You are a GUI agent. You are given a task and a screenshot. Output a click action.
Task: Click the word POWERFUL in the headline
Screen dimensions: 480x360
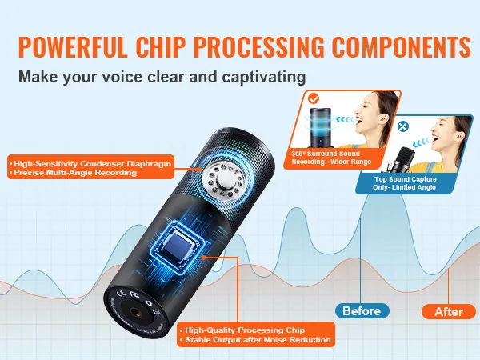coord(73,47)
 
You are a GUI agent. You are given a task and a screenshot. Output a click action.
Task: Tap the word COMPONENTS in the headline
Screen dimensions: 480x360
coord(402,47)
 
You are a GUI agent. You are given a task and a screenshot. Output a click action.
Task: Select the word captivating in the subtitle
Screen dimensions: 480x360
coord(264,77)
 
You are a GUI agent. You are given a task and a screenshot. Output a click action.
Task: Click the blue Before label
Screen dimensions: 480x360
coord(362,311)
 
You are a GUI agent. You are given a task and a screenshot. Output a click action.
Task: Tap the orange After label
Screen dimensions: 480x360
coord(449,312)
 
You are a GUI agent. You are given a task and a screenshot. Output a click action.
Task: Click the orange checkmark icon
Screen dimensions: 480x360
coord(314,98)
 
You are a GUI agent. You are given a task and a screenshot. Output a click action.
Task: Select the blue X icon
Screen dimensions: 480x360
coord(403,126)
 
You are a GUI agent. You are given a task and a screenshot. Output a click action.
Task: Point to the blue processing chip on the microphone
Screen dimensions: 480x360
coord(179,246)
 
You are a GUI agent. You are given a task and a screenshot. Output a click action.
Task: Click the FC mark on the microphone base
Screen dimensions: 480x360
coord(134,294)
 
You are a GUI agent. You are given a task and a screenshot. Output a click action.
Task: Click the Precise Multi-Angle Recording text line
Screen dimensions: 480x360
coord(73,173)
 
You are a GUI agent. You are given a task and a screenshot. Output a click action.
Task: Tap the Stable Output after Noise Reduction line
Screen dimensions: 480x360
coord(255,340)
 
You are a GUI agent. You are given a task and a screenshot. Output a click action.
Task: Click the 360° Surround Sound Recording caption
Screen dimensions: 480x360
coord(331,158)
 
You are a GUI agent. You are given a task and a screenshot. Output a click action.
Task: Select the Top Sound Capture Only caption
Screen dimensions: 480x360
coord(405,183)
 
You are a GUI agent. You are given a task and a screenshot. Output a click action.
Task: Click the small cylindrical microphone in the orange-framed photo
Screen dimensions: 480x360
coord(320,126)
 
